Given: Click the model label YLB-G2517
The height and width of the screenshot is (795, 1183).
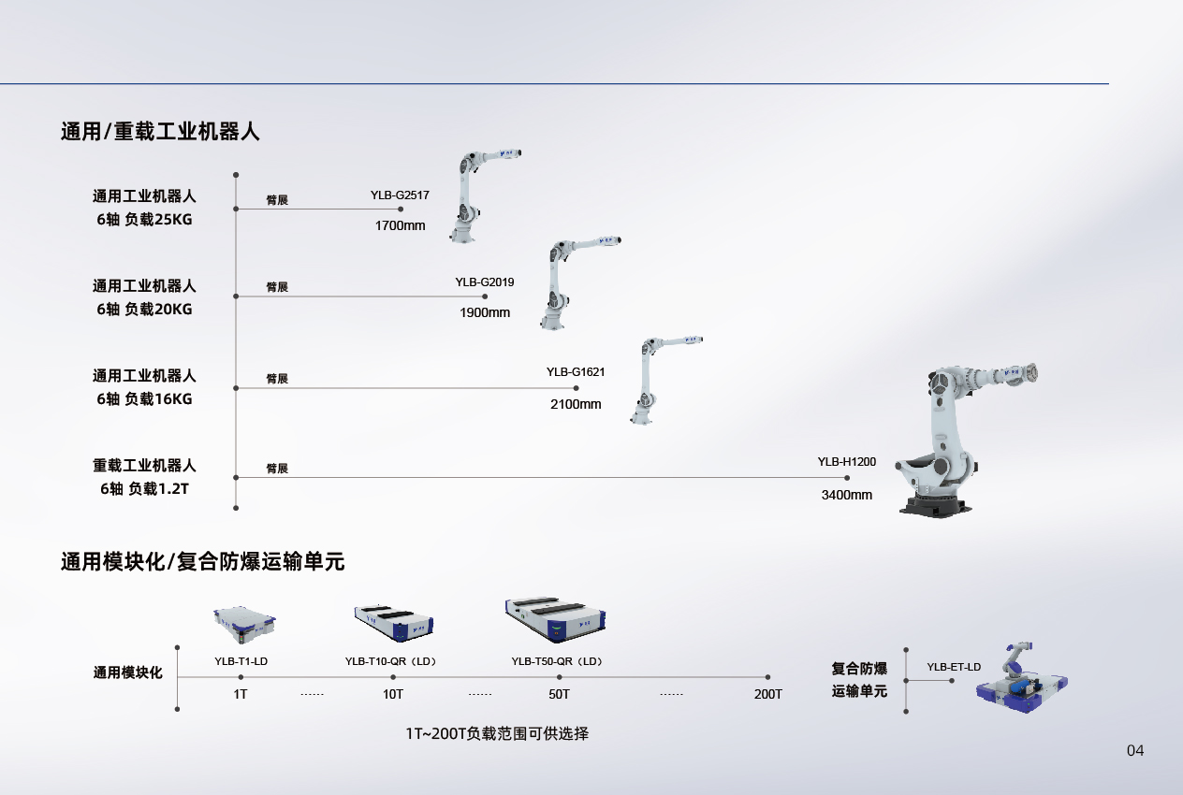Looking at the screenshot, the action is (400, 195).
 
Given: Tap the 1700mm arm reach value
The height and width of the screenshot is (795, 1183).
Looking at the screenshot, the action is (400, 226).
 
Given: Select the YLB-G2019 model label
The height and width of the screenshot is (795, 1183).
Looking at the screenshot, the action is (485, 282).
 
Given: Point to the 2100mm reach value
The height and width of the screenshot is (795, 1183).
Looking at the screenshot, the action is (576, 404).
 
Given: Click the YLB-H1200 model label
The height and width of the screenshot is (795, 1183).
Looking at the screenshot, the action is (847, 462).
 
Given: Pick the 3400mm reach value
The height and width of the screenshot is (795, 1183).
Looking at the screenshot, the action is (847, 495).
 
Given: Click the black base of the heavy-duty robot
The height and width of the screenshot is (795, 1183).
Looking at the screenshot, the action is (936, 506).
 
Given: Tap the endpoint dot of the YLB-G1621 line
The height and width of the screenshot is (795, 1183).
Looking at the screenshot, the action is (576, 388).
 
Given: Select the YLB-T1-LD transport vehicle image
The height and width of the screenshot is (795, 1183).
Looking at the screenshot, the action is (244, 625).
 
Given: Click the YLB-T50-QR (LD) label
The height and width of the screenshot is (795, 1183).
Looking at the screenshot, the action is (557, 661).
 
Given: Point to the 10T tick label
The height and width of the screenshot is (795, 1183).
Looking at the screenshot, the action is (393, 694).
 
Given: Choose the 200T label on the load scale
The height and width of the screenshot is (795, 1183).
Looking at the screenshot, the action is (767, 694).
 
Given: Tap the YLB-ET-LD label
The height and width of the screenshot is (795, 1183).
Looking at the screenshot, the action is (954, 667).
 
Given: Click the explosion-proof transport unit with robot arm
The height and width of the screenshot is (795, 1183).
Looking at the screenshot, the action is (1021, 679).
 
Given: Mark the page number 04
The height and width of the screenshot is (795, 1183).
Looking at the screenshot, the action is (1135, 751).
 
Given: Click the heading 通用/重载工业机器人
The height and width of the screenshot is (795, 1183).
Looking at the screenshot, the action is (160, 132).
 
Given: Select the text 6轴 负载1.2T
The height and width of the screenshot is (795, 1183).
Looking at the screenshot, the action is (144, 489).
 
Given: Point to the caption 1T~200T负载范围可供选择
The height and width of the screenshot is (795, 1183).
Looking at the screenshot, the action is (497, 734).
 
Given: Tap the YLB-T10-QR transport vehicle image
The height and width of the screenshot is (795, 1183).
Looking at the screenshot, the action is (393, 623).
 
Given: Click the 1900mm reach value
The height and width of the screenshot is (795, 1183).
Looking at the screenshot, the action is (485, 312).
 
